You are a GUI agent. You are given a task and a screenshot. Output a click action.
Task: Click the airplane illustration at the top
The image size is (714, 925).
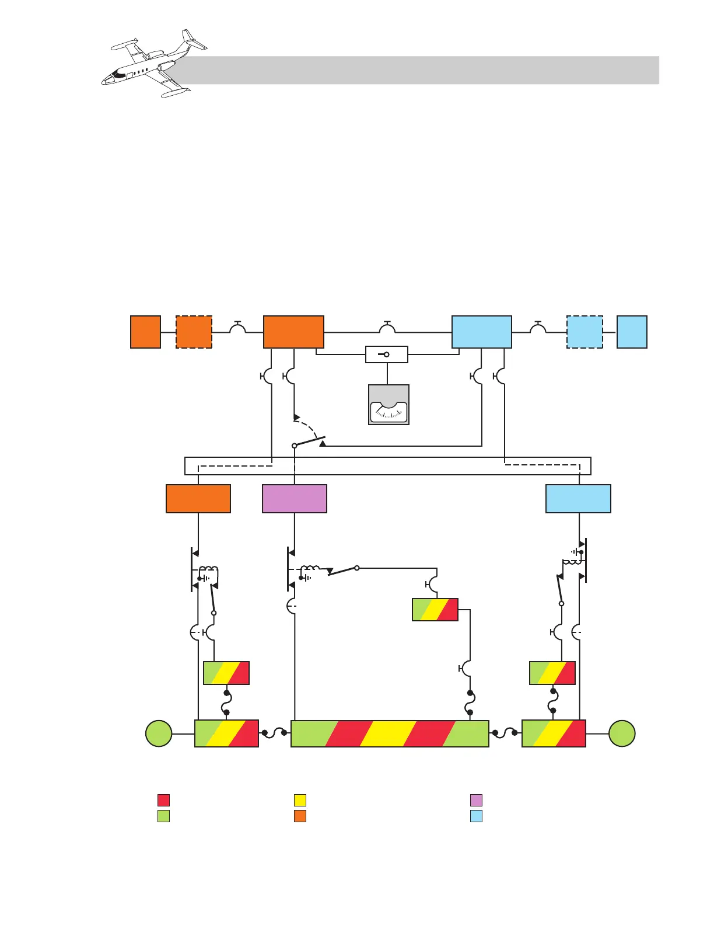click(x=153, y=63)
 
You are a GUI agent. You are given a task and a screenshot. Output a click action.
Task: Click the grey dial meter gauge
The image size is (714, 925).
click(x=388, y=405)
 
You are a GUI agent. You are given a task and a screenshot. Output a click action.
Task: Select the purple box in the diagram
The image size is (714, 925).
click(x=295, y=499)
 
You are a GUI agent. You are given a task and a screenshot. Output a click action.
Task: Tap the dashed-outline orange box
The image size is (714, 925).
click(x=194, y=332)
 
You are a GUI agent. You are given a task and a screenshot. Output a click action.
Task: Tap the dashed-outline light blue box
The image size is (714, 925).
click(x=584, y=332)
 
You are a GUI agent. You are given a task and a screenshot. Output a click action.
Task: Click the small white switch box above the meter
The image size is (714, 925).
click(x=386, y=354)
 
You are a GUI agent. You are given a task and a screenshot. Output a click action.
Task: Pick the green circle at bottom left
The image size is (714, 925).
click(x=159, y=733)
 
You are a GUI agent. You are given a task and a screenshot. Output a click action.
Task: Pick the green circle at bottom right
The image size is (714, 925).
click(x=622, y=733)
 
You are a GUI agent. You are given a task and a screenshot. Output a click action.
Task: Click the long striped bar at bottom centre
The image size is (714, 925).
click(x=390, y=733)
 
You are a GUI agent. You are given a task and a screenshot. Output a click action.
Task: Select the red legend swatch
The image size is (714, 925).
click(x=164, y=800)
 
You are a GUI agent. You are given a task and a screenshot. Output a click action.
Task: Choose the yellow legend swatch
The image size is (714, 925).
click(x=300, y=800)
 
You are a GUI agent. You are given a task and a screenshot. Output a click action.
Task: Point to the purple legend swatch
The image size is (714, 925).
click(x=476, y=800)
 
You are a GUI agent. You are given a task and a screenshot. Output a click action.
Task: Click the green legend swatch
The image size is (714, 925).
click(x=164, y=816)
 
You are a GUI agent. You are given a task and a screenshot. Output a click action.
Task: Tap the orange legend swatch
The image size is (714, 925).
click(x=300, y=816)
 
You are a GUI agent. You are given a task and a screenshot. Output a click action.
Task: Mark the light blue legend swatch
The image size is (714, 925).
click(x=476, y=816)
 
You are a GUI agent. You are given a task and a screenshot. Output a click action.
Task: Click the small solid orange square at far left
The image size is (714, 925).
click(x=145, y=332)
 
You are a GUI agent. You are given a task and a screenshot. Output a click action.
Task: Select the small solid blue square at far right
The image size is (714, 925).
click(x=632, y=332)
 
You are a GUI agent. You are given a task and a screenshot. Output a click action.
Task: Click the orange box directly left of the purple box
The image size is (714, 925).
click(x=198, y=499)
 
